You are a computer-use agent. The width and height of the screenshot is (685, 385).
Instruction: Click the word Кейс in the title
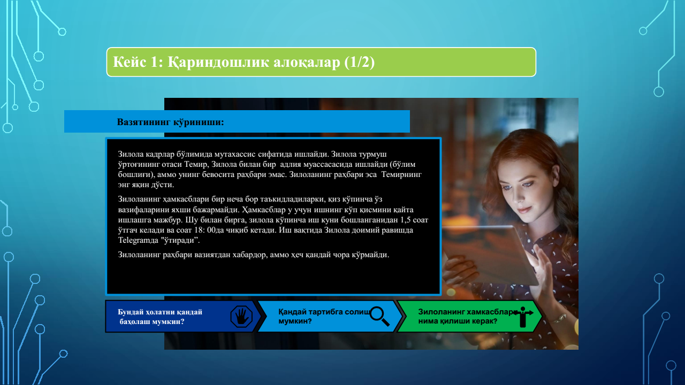pos(129,62)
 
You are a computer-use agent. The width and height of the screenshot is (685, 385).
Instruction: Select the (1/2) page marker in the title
pos(359,63)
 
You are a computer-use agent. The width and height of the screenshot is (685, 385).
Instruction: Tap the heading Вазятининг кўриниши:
pos(170,122)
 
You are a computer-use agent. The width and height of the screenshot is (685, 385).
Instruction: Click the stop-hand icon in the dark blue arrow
pos(241,317)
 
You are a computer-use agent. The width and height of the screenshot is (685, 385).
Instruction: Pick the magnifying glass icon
pos(379,316)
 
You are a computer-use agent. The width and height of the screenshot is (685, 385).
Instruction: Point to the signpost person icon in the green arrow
pos(523,317)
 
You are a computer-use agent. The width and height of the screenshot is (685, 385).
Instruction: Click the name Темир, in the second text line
pos(196,164)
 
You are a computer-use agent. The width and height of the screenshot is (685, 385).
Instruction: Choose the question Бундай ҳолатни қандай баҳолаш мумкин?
pos(159,317)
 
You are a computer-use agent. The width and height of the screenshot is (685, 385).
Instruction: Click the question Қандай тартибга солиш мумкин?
pos(324,316)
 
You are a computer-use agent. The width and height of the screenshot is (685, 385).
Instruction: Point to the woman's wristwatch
pos(559,318)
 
